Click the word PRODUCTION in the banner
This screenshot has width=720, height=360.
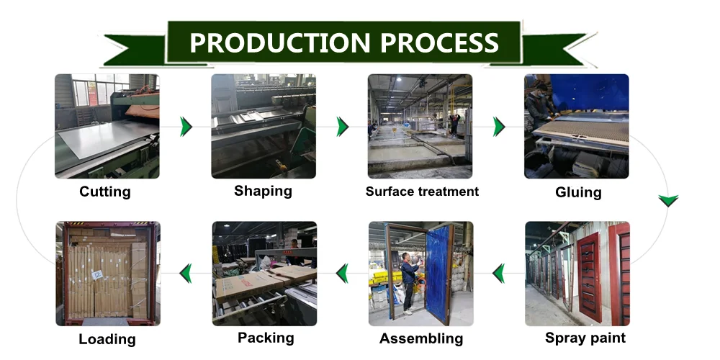(281, 42)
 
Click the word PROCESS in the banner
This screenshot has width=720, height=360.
(439, 42)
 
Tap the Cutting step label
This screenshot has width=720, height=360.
(105, 192)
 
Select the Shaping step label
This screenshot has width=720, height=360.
(263, 191)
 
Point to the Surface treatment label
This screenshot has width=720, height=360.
(422, 192)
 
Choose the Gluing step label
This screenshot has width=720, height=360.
(578, 192)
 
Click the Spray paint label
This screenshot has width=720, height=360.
(585, 338)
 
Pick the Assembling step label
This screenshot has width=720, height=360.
(421, 338)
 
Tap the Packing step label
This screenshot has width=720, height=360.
(266, 338)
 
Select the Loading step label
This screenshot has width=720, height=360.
(107, 339)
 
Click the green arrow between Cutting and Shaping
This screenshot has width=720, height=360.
(186, 127)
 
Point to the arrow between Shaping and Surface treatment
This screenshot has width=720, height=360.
(343, 127)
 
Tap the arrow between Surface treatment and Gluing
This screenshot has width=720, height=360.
(499, 127)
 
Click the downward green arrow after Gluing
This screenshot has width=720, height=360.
(668, 200)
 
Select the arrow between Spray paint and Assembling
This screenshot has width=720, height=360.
(498, 273)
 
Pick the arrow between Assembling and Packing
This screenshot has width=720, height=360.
(343, 273)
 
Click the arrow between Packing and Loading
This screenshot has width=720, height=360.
(186, 273)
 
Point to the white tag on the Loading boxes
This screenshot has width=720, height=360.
(96, 274)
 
